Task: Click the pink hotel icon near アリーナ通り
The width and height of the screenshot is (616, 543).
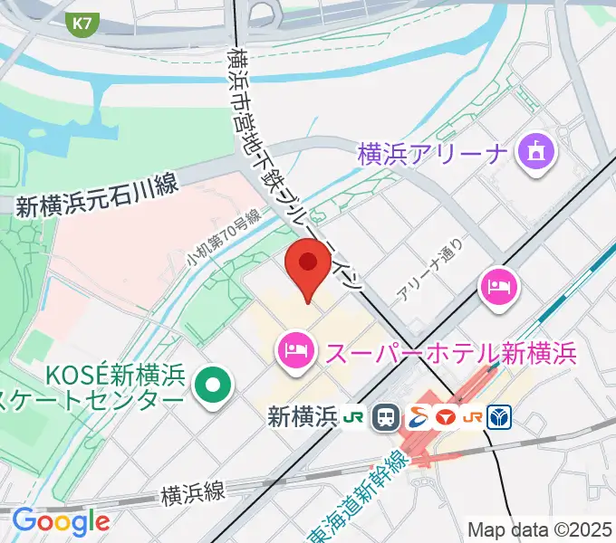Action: [x=497, y=288]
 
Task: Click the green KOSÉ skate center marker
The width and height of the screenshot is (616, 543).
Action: [x=213, y=386]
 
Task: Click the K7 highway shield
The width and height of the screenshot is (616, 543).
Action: [x=82, y=25]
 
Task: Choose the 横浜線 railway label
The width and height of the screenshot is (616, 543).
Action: [x=192, y=493]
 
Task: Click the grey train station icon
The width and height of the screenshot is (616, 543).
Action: [x=387, y=417]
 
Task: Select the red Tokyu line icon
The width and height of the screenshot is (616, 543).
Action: [x=445, y=417]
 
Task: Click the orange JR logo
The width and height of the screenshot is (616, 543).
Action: [x=473, y=417]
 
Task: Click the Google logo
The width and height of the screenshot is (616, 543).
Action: [x=60, y=521]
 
